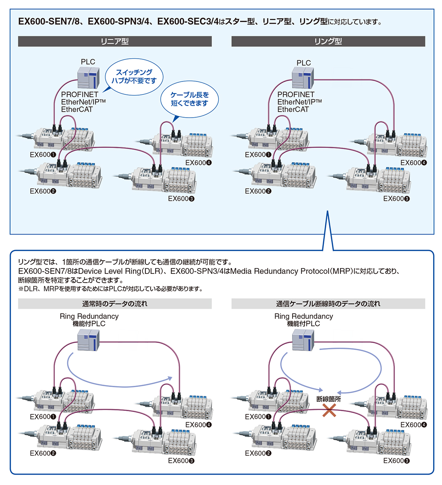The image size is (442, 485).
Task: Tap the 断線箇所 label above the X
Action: point(328,399)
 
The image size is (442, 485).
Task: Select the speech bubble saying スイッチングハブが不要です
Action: point(134,76)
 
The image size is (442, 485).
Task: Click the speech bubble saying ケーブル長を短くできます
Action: point(189,99)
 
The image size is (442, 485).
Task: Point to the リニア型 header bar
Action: point(115,41)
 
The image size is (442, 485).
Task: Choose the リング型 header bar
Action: point(328,41)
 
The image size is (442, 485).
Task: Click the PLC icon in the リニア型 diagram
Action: point(88,77)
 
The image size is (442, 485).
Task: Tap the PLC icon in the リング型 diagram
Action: point(303,77)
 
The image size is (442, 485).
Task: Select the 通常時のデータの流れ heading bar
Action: point(115,304)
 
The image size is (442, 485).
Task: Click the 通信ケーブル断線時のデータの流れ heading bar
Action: point(328,304)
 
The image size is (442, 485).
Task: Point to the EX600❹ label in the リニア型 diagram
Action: point(198,163)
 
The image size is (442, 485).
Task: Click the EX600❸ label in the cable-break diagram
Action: point(397,461)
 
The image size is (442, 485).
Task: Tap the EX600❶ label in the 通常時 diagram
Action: point(43,417)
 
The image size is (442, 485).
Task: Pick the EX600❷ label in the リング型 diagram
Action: point(258,191)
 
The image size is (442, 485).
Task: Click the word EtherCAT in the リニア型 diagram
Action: point(77,110)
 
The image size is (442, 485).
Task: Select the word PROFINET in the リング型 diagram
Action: point(296,94)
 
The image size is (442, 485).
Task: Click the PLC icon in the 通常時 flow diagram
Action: point(88,340)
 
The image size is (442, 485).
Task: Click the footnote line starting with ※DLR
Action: point(110,289)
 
